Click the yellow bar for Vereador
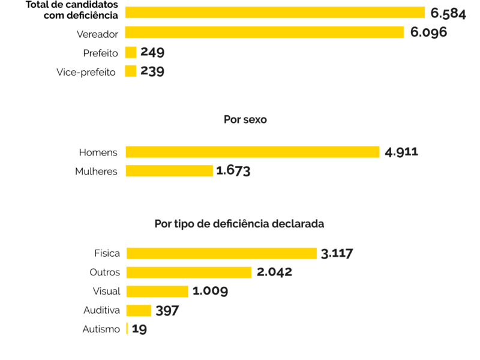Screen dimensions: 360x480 264,32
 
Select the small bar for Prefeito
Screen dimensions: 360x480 131,52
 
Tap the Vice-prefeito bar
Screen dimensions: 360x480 131,71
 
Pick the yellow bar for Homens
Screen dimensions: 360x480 252,152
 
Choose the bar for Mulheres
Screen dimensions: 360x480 169,171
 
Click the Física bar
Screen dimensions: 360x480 221,253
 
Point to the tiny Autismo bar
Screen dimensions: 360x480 127,329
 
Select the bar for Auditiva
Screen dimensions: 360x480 139,310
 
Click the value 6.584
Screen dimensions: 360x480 448,13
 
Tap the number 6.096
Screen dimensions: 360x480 428,32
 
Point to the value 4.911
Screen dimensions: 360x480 401,152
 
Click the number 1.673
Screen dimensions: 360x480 233,171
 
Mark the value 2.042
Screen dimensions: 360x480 274,272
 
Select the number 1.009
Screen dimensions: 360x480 210,292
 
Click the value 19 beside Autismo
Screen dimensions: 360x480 139,329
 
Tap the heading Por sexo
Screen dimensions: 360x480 245,119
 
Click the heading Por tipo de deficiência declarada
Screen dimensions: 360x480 239,224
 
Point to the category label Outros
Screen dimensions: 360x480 105,272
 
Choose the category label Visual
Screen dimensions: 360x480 106,292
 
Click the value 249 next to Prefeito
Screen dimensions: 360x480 152,52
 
